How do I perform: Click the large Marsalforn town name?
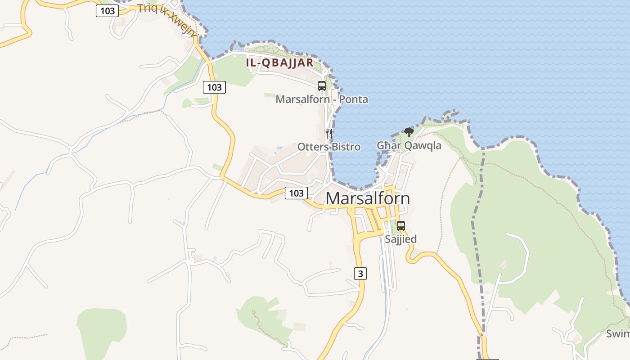click(x=368, y=198)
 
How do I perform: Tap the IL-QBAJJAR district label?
click(x=279, y=63)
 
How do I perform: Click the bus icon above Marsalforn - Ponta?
click(x=322, y=85)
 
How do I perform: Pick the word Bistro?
click(x=346, y=147)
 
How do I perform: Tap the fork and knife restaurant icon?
click(x=329, y=133)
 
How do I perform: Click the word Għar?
click(x=388, y=145)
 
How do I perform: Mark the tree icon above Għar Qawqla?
click(x=409, y=132)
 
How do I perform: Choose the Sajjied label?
click(x=400, y=239)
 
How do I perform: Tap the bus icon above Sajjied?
click(x=400, y=226)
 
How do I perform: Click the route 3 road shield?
click(x=360, y=273)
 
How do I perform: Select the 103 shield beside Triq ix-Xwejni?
click(x=107, y=11)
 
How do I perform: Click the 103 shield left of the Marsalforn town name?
click(x=296, y=193)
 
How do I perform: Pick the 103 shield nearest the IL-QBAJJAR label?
click(x=214, y=87)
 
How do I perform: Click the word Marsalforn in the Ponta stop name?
click(x=302, y=99)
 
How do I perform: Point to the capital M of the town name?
click(x=333, y=198)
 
